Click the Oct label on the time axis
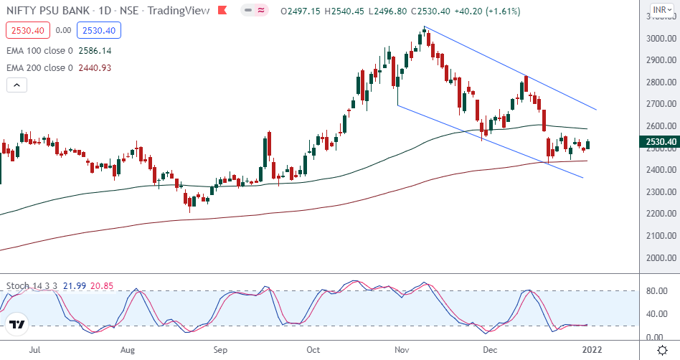(313, 350)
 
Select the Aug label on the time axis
(128, 350)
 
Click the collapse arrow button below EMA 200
(17, 85)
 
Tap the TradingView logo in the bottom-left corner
(17, 325)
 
